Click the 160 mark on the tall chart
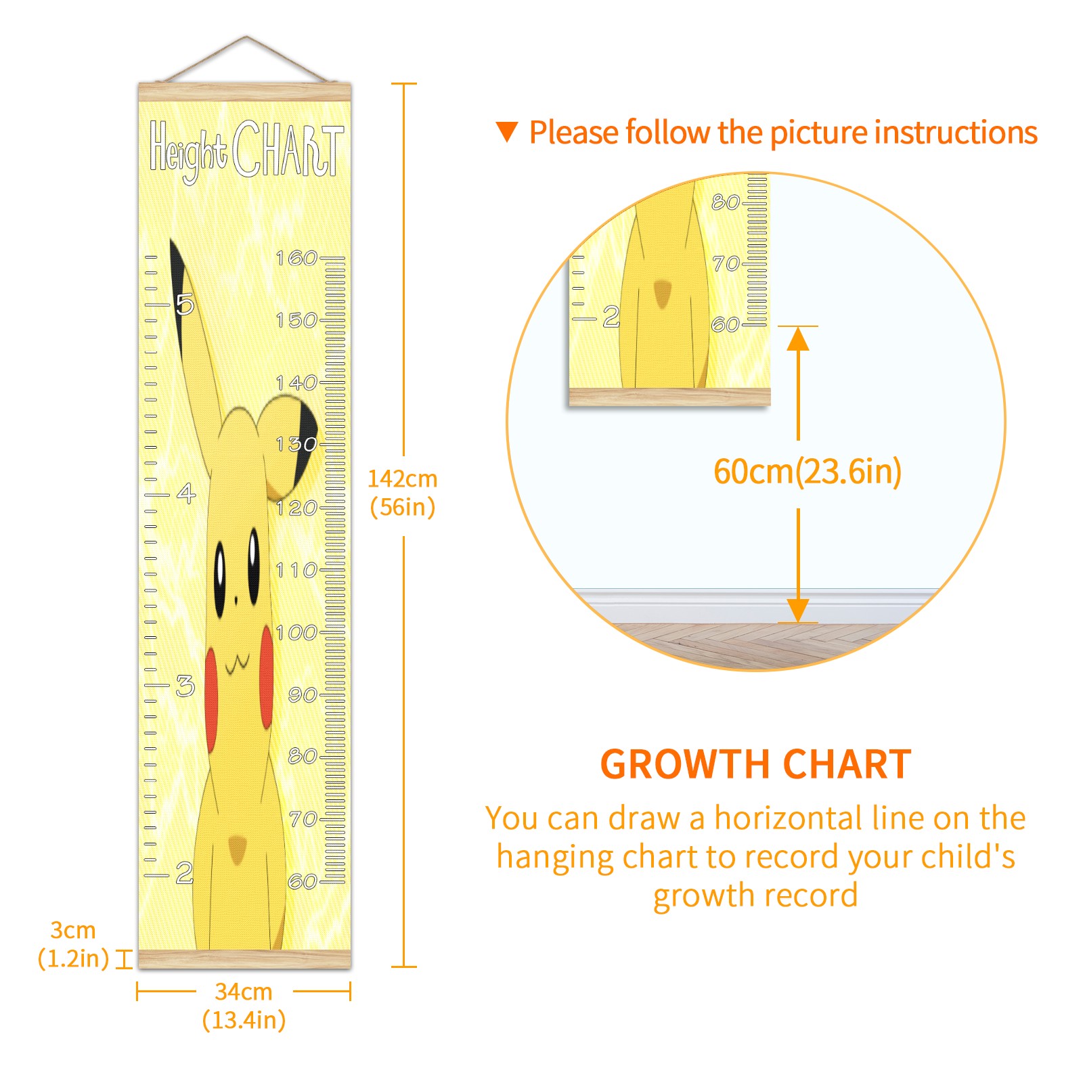296,258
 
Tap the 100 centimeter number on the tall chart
296,632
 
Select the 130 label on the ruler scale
296,444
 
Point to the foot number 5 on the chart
185,305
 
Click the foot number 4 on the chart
186,493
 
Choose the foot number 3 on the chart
185,686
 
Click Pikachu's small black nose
236,600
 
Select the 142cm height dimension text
403,493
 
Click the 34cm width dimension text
244,1006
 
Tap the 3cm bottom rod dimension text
73,944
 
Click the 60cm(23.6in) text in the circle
808,471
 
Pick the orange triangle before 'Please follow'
507,132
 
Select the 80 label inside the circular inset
725,202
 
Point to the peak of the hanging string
246,37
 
